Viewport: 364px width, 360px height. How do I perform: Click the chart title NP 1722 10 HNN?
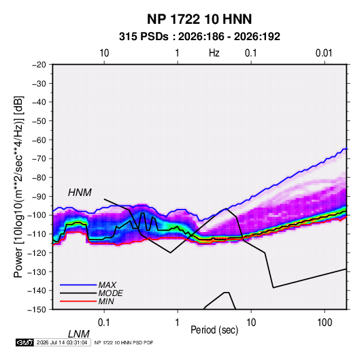coord(199,19)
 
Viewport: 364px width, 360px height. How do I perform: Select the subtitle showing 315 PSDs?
coord(199,37)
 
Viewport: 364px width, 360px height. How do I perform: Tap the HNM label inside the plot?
coord(80,193)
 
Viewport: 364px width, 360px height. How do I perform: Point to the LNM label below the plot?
coord(78,334)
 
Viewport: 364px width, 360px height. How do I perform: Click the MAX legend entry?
coord(107,284)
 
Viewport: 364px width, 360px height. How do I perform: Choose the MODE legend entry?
coord(110,293)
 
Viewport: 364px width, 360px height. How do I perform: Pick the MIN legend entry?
coord(106,301)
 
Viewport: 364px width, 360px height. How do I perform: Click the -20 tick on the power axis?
coord(39,65)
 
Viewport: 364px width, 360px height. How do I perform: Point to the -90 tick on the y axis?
coord(39,197)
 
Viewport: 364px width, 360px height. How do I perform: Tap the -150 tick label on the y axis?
coord(37,310)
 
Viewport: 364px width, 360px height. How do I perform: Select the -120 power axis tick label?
coord(37,253)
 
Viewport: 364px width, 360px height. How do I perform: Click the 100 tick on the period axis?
coord(325,323)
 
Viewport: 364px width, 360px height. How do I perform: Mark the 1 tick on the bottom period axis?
coord(177,323)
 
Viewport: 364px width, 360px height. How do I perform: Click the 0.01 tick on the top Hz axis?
coord(324,53)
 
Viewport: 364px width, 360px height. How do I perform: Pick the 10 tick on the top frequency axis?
coord(104,53)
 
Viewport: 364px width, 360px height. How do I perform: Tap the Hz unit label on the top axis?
coord(214,53)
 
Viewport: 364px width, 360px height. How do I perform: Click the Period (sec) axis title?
coord(214,330)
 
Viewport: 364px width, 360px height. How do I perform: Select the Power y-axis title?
coord(18,186)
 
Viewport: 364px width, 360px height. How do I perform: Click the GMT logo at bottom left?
coord(24,342)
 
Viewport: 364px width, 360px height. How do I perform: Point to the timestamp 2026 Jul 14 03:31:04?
coord(62,342)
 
